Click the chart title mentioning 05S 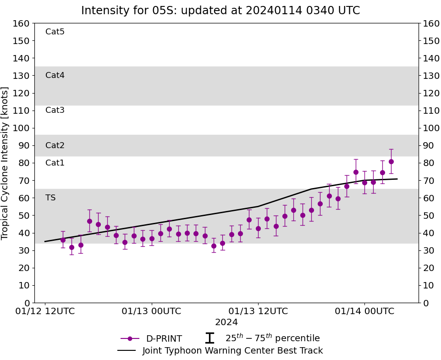pyautogui.click(x=220, y=11)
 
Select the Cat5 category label pyautogui.click(x=55, y=32)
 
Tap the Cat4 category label pyautogui.click(x=55, y=75)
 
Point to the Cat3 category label pyautogui.click(x=55, y=110)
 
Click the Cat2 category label pyautogui.click(x=55, y=145)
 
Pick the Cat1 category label pyautogui.click(x=55, y=163)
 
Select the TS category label pyautogui.click(x=50, y=198)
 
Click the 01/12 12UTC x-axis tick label pyautogui.click(x=45, y=311)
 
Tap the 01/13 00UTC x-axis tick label pyautogui.click(x=151, y=311)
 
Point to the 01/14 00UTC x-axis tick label pyautogui.click(x=364, y=311)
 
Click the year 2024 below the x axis pyautogui.click(x=226, y=322)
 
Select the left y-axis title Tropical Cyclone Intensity pyautogui.click(x=6, y=163)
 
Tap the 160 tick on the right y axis pyautogui.click(x=431, y=23)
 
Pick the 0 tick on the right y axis pyautogui.click(x=425, y=303)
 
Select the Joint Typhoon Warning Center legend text pyautogui.click(x=232, y=351)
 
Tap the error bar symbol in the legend pyautogui.click(x=209, y=338)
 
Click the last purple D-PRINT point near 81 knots pyautogui.click(x=391, y=161)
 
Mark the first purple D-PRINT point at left pyautogui.click(x=63, y=240)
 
